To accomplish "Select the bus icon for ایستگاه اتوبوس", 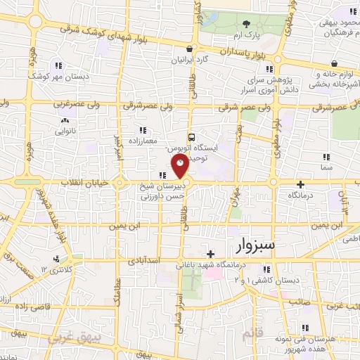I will pos(191,138).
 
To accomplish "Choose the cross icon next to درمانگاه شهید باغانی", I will pos(210,254).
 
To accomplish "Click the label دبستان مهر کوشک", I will pos(50,75).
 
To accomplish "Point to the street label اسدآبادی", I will pos(146,260).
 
